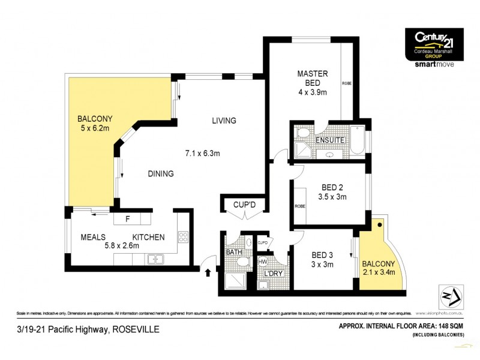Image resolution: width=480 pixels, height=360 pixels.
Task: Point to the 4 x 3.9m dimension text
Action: point(313,92)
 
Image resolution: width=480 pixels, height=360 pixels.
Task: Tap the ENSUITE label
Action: point(331,140)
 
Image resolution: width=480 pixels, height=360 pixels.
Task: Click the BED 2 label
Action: point(332,184)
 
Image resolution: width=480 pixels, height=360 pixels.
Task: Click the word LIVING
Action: point(224,121)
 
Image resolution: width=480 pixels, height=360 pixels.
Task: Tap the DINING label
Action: point(161,174)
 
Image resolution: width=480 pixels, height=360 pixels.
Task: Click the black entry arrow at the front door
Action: point(209,273)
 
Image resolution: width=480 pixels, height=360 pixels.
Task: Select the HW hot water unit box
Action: point(263,262)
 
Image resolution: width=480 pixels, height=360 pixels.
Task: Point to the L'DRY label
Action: point(274,274)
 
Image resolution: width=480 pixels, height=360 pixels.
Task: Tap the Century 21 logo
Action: point(434,43)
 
